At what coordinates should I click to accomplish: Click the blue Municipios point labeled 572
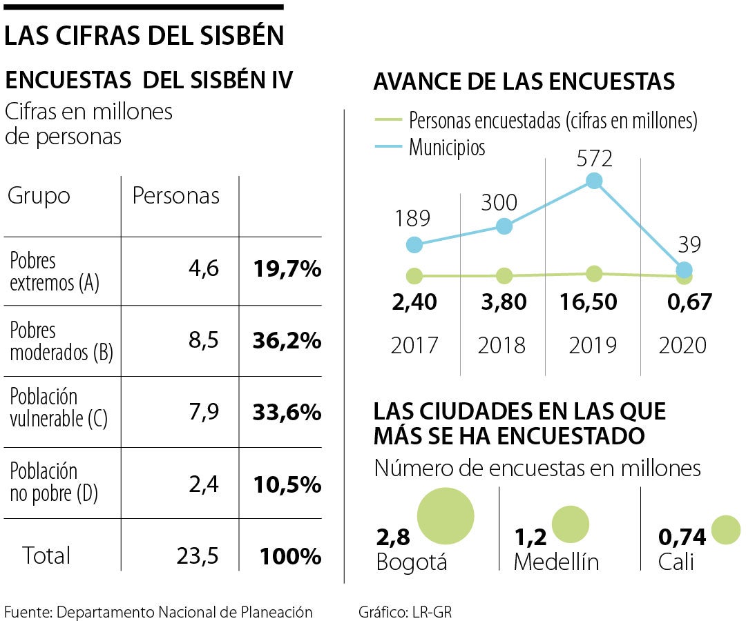594,181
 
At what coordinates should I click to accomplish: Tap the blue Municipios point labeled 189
414,244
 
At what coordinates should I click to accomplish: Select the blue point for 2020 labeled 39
684,270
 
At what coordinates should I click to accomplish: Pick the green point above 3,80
504,276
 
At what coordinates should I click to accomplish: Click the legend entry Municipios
446,148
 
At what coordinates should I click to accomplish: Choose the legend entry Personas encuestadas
553,121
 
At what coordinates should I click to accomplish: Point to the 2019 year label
593,344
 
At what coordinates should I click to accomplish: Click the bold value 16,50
593,302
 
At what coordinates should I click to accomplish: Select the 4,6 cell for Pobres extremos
204,268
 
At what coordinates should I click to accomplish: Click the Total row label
46,555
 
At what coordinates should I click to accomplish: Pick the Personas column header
175,196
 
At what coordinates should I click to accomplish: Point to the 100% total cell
291,556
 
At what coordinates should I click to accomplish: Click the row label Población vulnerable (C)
59,408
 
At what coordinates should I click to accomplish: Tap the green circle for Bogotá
446,515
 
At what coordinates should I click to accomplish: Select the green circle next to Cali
725,530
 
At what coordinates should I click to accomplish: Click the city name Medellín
556,562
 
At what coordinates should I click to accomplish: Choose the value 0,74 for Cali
682,536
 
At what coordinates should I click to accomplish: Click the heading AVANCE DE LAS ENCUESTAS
524,82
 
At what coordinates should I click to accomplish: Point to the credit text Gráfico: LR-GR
405,611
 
